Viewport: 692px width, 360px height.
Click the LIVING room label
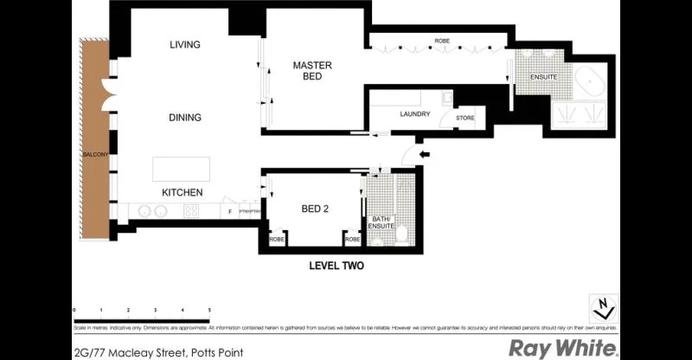point(185,45)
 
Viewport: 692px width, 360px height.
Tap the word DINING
point(185,118)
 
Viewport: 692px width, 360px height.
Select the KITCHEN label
point(183,192)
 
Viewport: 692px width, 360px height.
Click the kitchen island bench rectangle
point(182,169)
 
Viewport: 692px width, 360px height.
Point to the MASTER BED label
point(312,71)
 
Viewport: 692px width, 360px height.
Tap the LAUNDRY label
point(415,114)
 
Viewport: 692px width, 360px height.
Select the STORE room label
point(465,118)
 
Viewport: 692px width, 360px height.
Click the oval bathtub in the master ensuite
point(593,83)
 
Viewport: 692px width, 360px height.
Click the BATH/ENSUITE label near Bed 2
point(381,222)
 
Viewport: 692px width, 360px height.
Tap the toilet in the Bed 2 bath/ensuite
point(403,233)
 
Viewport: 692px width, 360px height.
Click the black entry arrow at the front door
point(423,155)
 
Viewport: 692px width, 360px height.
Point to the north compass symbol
point(605,307)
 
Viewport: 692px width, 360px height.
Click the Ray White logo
point(563,348)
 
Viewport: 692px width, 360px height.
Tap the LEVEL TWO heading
point(336,267)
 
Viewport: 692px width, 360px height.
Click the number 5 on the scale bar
point(209,309)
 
